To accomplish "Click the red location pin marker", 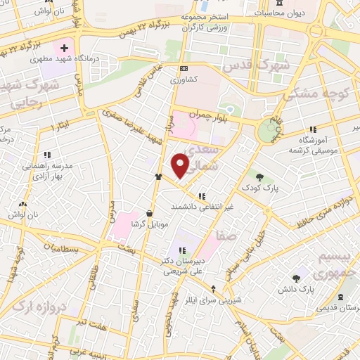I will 181,165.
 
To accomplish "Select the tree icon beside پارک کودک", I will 259,177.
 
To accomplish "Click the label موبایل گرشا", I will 150,225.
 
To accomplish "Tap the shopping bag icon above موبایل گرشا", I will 149,213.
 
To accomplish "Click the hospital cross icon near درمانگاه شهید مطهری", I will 64,49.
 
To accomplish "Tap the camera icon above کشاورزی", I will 184,68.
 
